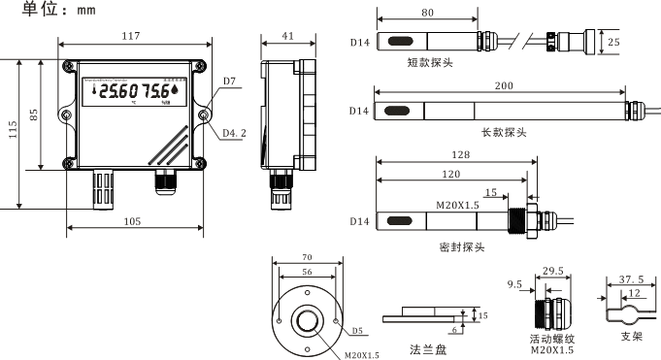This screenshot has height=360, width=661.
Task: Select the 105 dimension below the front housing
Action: tap(133, 221)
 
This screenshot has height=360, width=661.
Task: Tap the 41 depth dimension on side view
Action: tap(287, 36)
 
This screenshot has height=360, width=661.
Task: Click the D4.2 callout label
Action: tap(233, 132)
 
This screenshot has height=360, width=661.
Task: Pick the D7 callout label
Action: tap(230, 81)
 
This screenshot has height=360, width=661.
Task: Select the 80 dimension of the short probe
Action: tap(427, 14)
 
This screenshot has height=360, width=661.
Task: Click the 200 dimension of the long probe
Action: tap(504, 86)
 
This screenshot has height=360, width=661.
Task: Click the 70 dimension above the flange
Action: tap(308, 258)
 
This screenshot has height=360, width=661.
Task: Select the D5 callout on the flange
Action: tap(357, 330)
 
